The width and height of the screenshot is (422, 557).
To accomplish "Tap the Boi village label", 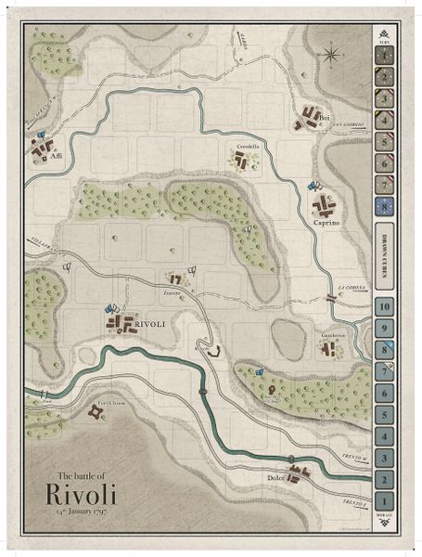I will (324, 119).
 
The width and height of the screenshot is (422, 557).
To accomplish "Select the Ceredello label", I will (248, 148).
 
